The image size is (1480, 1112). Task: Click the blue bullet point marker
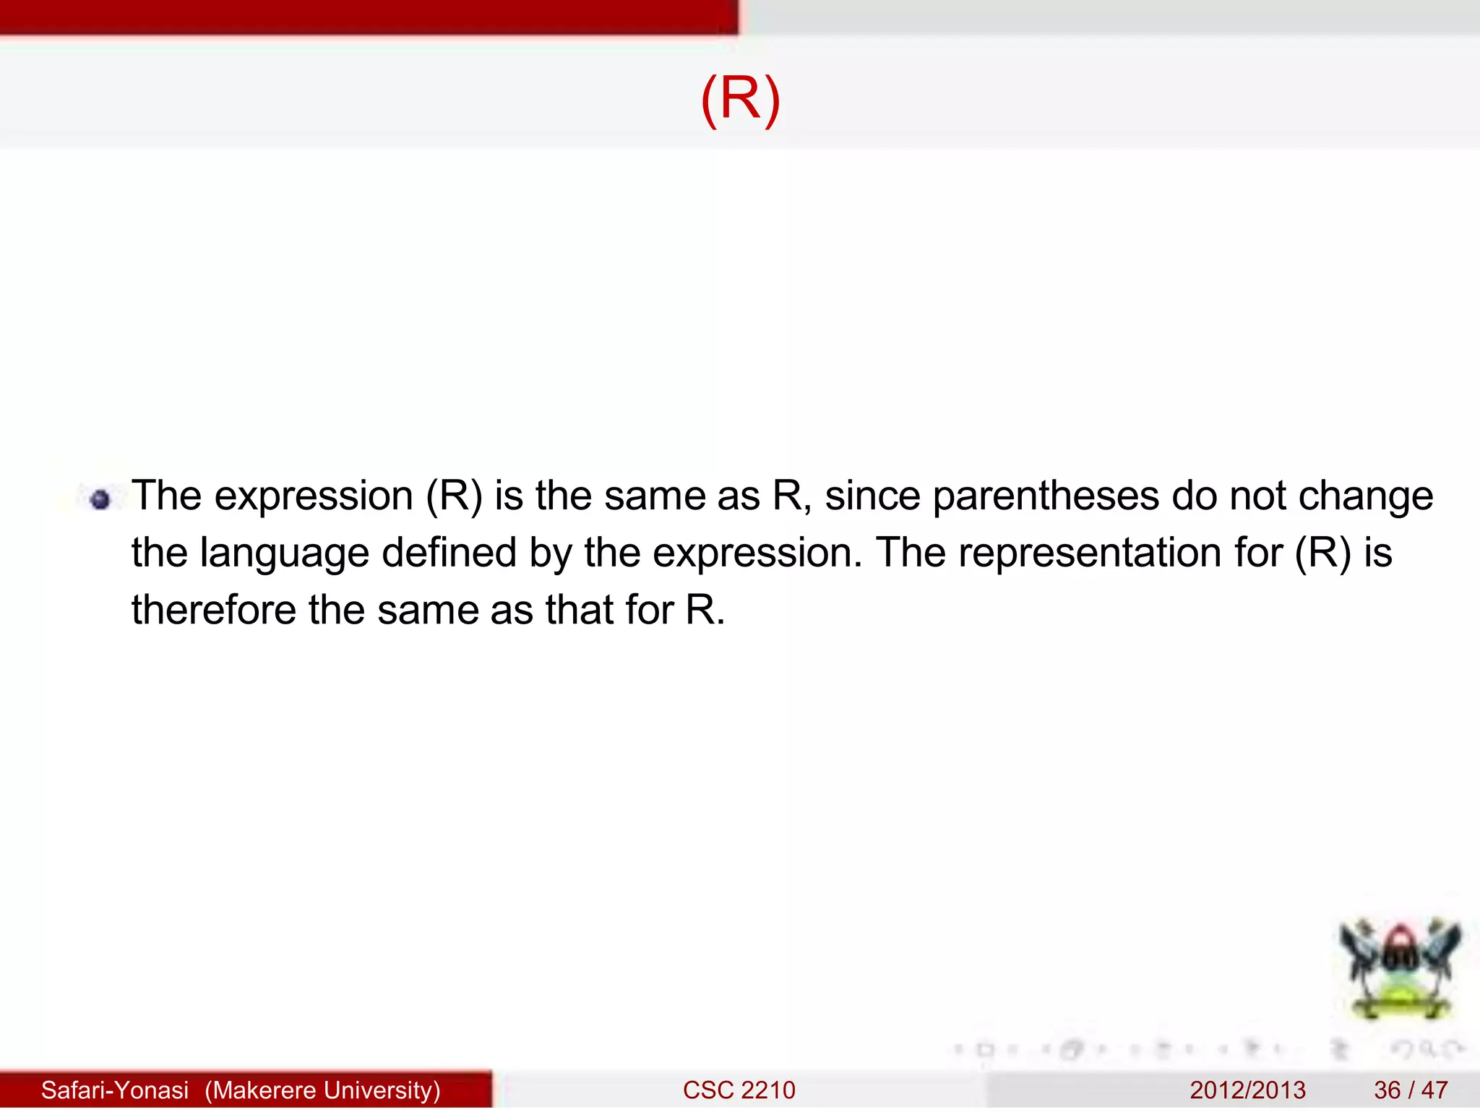[101, 499]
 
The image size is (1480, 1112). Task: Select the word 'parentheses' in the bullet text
[1046, 497]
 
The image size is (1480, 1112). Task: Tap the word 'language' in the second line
[284, 554]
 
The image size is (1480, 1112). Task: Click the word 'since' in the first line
[872, 496]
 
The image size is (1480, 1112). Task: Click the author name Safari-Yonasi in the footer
[115, 1090]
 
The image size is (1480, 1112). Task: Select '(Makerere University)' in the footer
[322, 1090]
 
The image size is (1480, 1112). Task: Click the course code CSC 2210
[739, 1090]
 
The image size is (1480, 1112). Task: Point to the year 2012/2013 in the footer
[1247, 1090]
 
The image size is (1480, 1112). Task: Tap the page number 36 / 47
[1411, 1090]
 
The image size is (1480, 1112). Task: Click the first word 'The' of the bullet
[167, 496]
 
